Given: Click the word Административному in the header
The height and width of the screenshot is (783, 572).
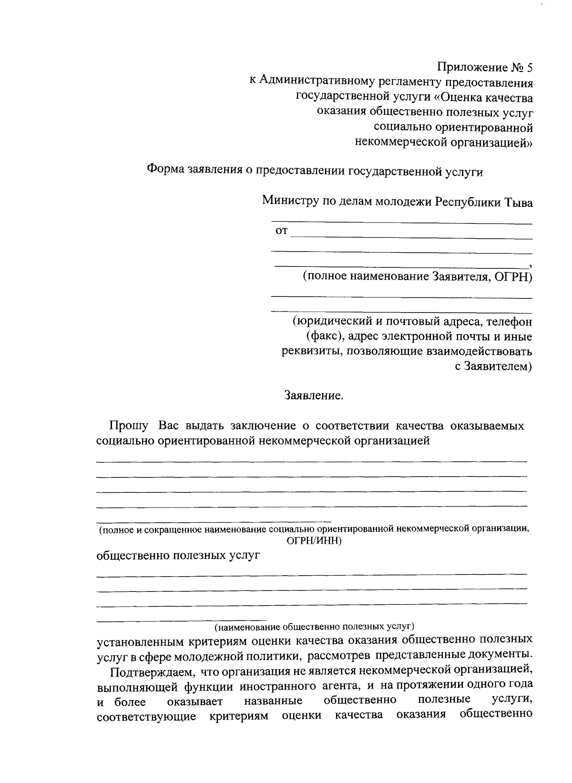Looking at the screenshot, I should pyautogui.click(x=314, y=82).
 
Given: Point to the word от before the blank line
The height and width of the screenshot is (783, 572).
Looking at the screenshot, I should pyautogui.click(x=282, y=232).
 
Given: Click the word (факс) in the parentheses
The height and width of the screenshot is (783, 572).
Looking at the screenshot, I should pyautogui.click(x=325, y=336).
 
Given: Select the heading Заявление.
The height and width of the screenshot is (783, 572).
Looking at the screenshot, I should pyautogui.click(x=314, y=396).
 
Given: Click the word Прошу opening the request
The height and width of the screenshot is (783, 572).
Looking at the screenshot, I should pyautogui.click(x=129, y=426).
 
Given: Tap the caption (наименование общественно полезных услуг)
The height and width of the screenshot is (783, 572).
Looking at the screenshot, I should pyautogui.click(x=314, y=626).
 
